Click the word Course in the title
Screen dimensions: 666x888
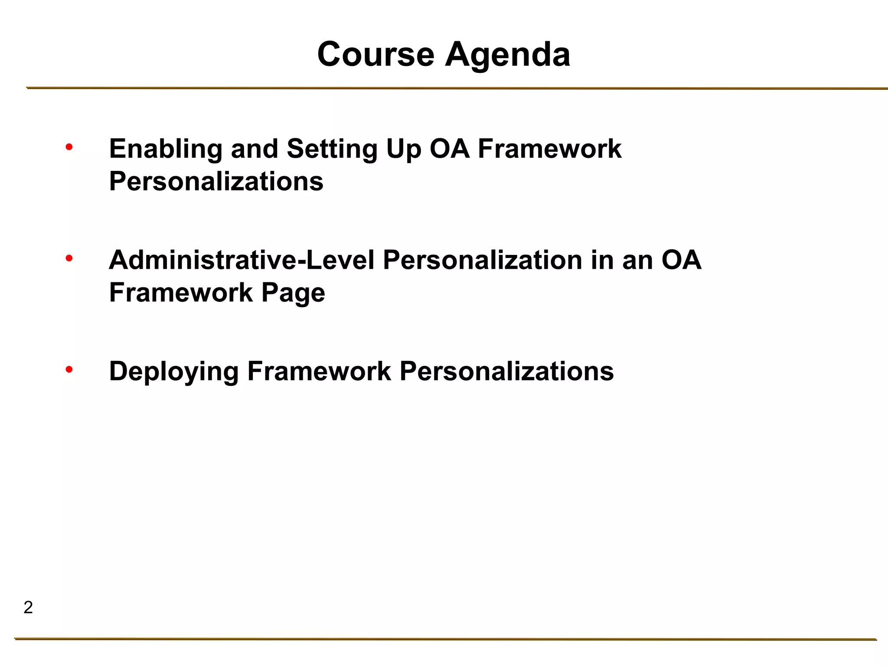375,55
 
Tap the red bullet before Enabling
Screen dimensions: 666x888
69,148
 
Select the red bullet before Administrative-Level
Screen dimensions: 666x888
69,259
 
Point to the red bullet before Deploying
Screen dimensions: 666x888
69,370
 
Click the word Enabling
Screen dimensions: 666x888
165,149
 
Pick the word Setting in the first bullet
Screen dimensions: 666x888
332,149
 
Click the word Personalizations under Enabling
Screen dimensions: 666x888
216,181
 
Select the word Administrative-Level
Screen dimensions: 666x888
242,260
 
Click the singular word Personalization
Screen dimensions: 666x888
482,260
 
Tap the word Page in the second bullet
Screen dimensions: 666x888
293,293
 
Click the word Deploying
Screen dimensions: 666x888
173,372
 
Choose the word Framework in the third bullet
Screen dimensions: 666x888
319,372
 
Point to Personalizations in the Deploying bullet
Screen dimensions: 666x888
506,372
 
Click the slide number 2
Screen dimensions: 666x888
28,607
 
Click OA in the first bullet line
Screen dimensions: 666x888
449,149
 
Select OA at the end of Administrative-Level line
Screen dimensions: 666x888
681,260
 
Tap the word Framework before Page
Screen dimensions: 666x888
181,293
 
